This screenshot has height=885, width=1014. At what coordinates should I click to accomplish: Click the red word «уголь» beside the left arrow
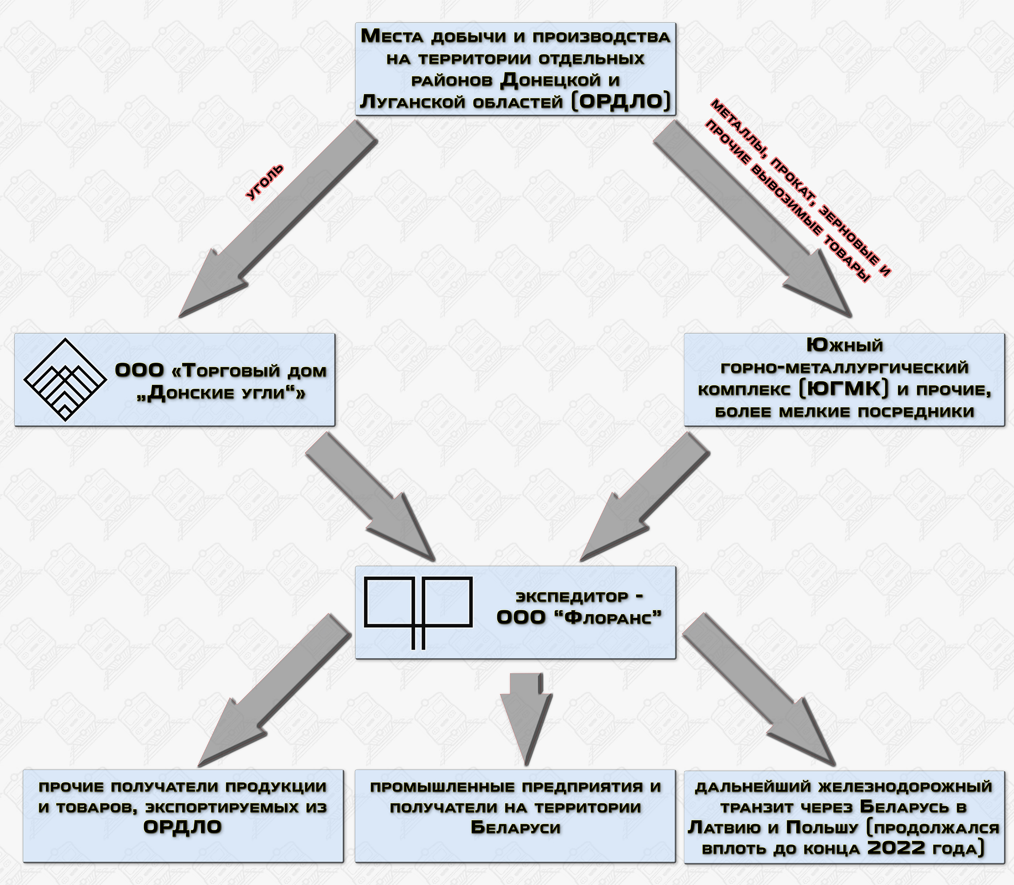tap(265, 182)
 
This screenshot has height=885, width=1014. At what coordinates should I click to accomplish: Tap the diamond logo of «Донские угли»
tap(65, 379)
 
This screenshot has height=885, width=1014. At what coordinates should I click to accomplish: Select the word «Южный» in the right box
tap(845, 345)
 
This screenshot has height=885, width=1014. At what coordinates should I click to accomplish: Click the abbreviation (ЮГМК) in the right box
tap(844, 389)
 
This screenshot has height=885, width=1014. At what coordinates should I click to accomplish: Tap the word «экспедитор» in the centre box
tap(572, 596)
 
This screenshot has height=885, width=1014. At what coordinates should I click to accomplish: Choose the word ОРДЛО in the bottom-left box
tap(183, 827)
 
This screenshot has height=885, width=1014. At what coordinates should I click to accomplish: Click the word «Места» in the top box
tap(393, 37)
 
